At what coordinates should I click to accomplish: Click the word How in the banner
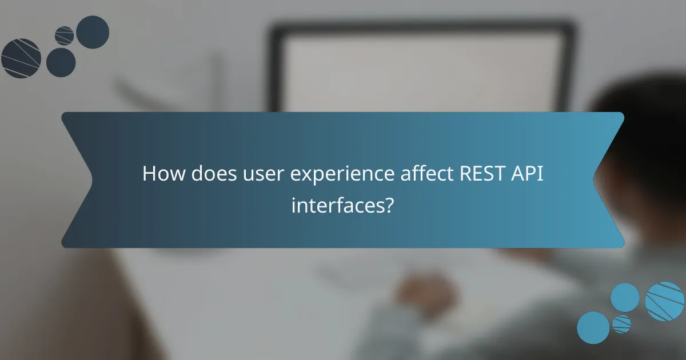(163, 174)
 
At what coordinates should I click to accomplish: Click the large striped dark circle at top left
(21, 58)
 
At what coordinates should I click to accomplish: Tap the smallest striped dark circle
(65, 35)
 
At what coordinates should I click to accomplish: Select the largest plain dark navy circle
(93, 32)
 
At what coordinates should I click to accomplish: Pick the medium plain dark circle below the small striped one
(61, 62)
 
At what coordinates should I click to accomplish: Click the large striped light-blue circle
(665, 301)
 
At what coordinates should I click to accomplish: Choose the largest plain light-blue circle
(625, 298)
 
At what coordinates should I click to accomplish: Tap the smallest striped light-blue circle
(621, 324)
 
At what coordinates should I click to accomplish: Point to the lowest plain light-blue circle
(593, 327)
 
